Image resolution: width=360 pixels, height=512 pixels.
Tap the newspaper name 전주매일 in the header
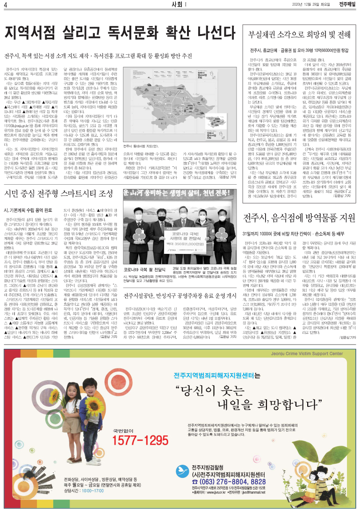(x=346, y=5)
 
